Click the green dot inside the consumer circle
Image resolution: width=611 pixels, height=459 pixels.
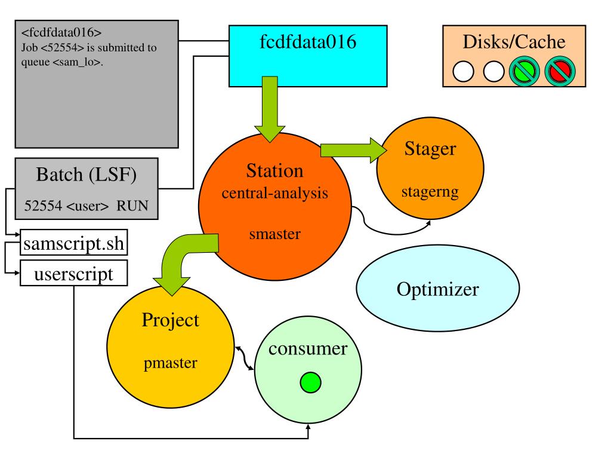pos(310,382)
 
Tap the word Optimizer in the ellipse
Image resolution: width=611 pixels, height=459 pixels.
pos(437,289)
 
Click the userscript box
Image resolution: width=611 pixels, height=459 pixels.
pos(73,273)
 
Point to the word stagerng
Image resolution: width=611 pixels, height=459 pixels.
pos(430,192)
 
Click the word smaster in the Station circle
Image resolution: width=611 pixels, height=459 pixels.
pos(274,234)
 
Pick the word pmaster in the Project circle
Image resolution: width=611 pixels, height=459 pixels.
pos(170,363)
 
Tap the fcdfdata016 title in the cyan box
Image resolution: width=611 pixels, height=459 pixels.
pos(308,41)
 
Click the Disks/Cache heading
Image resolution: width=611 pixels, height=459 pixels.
pos(514,42)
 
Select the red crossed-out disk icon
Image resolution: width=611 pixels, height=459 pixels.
pos(560,71)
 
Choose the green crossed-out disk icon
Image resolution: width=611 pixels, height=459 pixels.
pos(524,71)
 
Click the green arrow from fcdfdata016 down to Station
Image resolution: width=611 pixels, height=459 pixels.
pos(270,109)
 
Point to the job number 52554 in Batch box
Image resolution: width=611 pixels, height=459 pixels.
pos(43,206)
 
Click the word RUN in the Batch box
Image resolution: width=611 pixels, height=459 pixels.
pos(132,206)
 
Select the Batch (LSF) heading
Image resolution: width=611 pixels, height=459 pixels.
pos(86,175)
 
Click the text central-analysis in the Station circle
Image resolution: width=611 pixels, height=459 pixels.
pos(274,193)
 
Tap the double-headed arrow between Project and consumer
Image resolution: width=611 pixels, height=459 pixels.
pos(244,357)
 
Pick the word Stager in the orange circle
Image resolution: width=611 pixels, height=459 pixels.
pos(430,149)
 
